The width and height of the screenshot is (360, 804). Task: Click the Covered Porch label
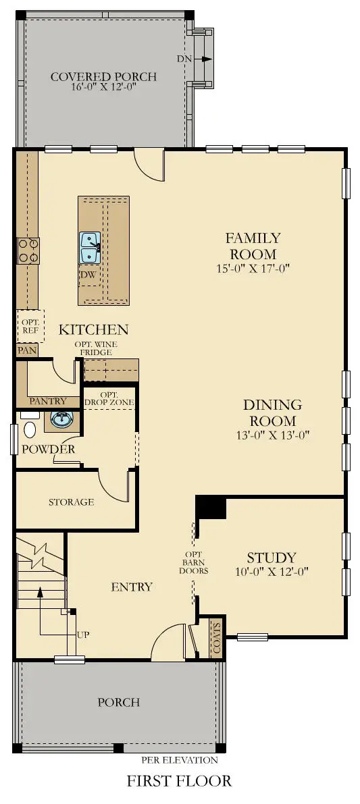(103, 76)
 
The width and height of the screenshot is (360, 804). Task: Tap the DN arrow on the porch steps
(205, 59)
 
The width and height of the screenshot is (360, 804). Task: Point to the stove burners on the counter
(28, 250)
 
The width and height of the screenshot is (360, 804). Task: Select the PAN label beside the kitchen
(27, 350)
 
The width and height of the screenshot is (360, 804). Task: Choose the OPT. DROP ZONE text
(109, 398)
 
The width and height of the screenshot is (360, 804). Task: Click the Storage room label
(71, 502)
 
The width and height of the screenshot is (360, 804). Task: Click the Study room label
(271, 558)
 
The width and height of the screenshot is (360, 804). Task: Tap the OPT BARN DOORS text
(194, 562)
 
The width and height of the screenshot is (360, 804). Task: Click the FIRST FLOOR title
(179, 781)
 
